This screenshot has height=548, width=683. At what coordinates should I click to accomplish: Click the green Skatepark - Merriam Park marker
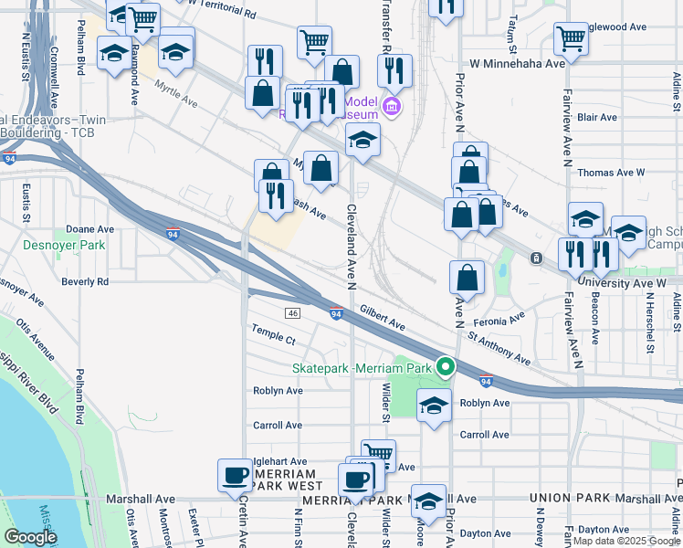point(446,368)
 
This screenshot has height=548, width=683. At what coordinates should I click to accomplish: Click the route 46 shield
point(293,313)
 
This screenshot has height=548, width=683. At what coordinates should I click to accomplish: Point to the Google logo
point(30,536)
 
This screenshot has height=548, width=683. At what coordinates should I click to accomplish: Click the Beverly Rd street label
point(85,282)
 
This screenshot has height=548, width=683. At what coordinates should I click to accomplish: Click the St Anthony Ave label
point(499,349)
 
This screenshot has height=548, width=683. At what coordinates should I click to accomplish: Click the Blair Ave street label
point(598,118)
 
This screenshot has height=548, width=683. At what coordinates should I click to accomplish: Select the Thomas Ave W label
point(611,172)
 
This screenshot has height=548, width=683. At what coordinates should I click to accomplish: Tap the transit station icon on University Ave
point(535,258)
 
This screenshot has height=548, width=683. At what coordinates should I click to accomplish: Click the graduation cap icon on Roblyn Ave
point(434,406)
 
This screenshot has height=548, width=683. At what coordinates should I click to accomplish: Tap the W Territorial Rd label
point(221,9)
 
